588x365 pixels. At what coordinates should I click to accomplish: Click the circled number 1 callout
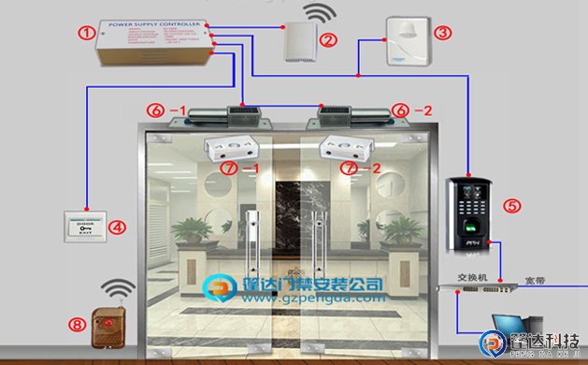pyautogui.click(x=87, y=34)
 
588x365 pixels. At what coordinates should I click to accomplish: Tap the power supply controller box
pyautogui.click(x=157, y=42)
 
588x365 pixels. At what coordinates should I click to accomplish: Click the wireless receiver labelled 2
pyautogui.click(x=300, y=41)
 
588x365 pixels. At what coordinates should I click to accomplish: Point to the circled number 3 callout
pyautogui.click(x=443, y=32)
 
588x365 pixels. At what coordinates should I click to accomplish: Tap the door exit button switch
pyautogui.click(x=84, y=226)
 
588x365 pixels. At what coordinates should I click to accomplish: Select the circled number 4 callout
pyautogui.click(x=117, y=226)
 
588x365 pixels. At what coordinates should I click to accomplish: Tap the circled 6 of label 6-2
pyautogui.click(x=399, y=110)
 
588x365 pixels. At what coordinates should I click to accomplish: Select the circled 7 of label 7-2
pyautogui.click(x=349, y=168)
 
